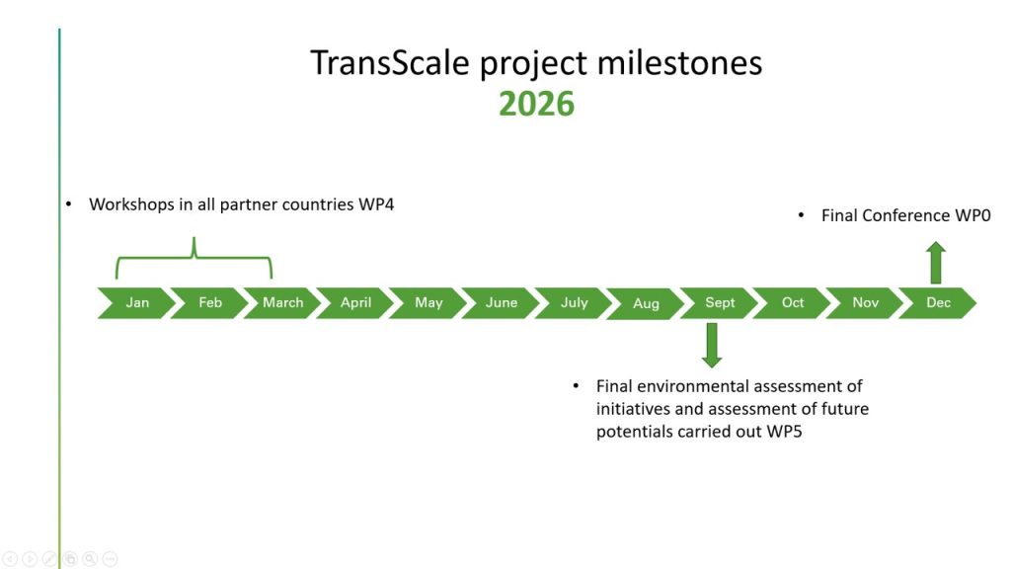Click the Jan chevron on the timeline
coord(137,302)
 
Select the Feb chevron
coord(210,302)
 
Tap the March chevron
coord(283,302)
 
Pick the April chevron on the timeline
coord(355,302)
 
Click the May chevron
coord(428,302)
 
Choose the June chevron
coord(502,302)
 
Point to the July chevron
coord(574,302)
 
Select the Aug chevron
coord(646,304)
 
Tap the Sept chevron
coord(720,302)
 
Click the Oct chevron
coord(793,302)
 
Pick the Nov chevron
coord(865,302)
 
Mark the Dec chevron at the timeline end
coord(938,302)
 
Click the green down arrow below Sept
coord(712,345)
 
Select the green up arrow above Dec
coord(936,263)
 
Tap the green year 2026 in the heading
coord(536,103)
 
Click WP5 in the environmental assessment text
coord(784,432)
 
